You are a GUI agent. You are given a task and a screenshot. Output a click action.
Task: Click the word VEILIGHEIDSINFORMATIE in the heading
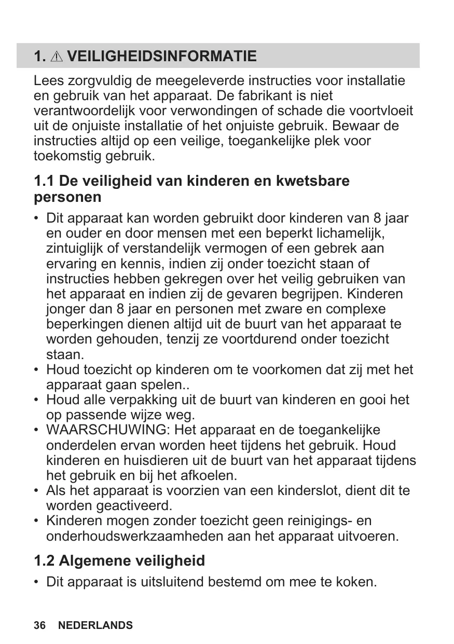[x=162, y=56]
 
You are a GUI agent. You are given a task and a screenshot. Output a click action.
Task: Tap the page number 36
[x=39, y=625]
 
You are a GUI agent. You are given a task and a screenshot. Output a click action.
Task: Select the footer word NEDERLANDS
[x=95, y=625]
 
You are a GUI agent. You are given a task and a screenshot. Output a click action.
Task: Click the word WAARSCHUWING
[x=108, y=430]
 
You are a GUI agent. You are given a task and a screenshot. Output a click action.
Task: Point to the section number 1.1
[x=44, y=181]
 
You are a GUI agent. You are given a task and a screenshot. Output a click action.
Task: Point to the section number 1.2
[x=44, y=561]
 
